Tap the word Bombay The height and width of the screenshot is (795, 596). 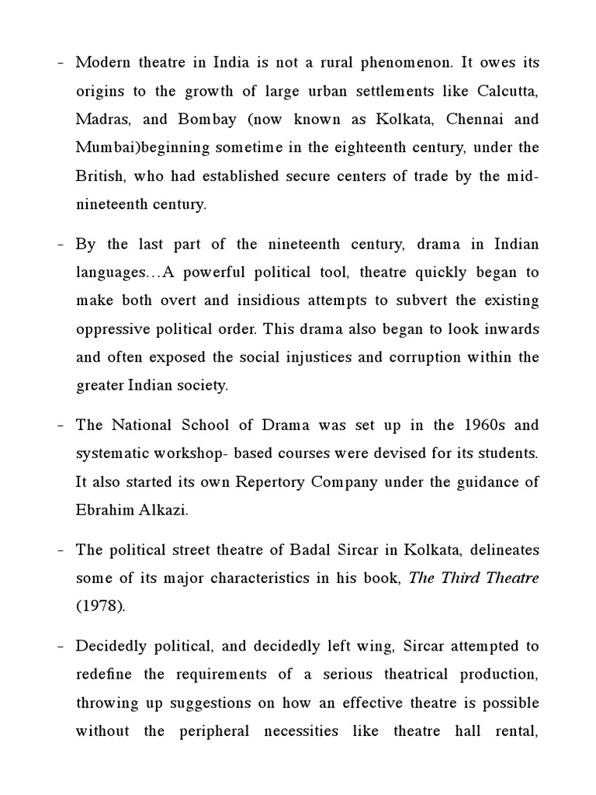click(204, 120)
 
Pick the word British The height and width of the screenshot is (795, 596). click(99, 175)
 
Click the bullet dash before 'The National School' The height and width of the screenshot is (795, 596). click(60, 425)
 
